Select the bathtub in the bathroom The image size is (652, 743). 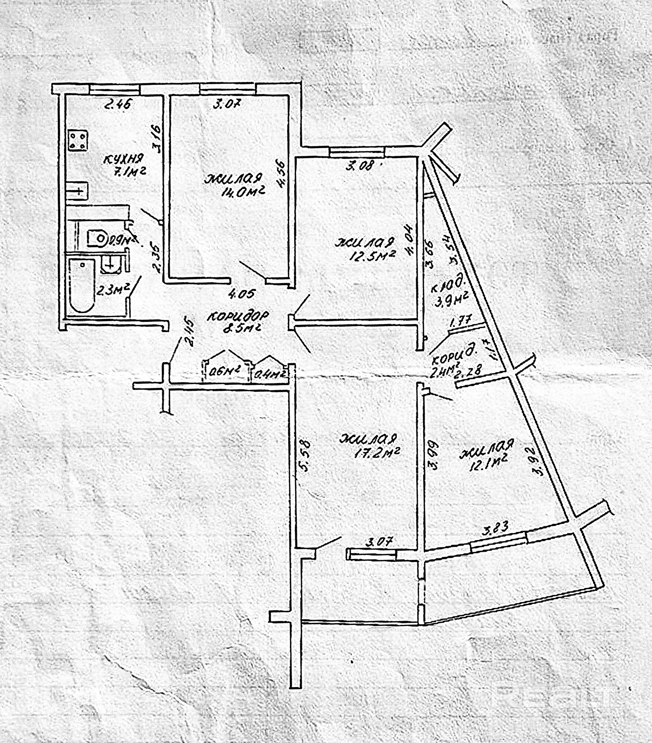[x=82, y=285]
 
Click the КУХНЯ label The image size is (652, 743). [x=123, y=159]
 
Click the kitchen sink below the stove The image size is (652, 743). [x=78, y=191]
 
